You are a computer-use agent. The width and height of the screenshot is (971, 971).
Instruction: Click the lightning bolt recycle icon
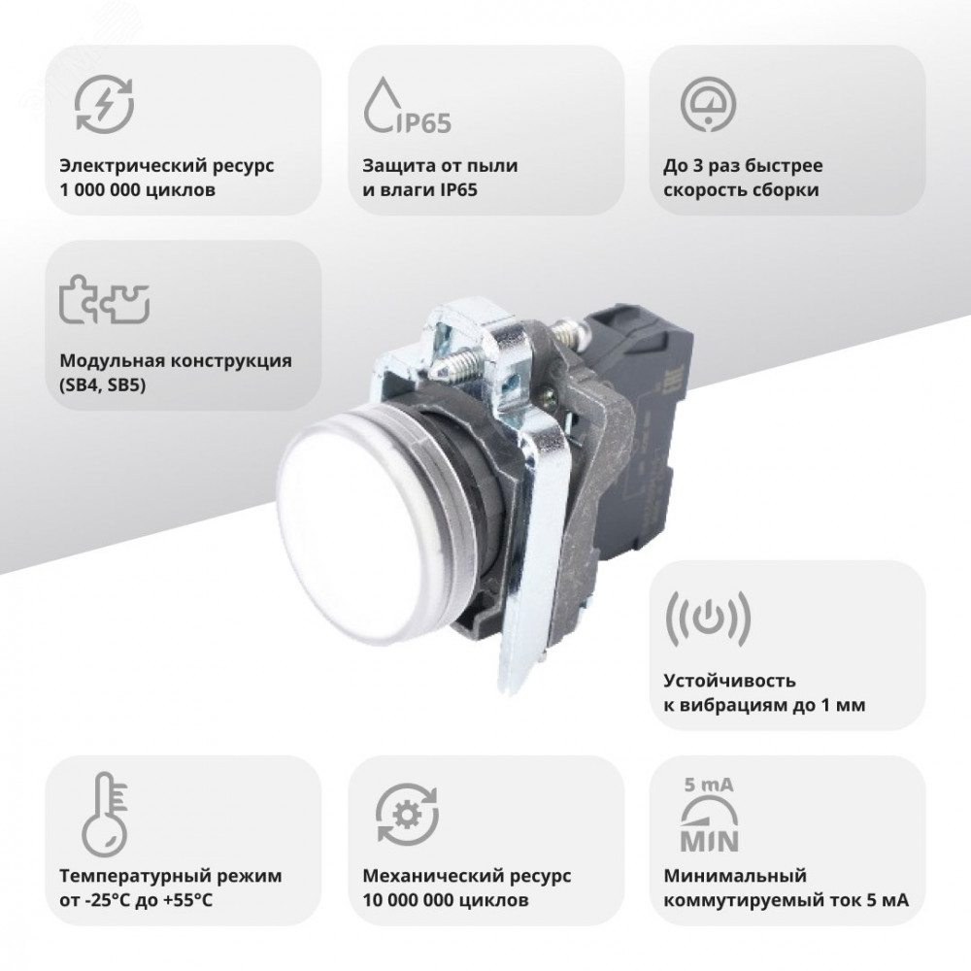pos(104,104)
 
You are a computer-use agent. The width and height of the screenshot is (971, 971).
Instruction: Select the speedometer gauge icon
pos(709,104)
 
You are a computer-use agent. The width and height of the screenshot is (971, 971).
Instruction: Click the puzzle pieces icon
pos(104,299)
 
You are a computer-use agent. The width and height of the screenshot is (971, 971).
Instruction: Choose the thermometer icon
pos(104,814)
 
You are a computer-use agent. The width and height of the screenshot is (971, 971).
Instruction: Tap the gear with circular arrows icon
pos(407,814)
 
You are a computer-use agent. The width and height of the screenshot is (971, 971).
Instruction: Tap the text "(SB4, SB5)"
pos(103,385)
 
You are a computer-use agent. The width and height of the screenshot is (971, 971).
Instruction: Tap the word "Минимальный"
pos(735,876)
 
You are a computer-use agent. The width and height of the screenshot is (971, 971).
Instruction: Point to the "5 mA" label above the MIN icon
pos(709,786)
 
